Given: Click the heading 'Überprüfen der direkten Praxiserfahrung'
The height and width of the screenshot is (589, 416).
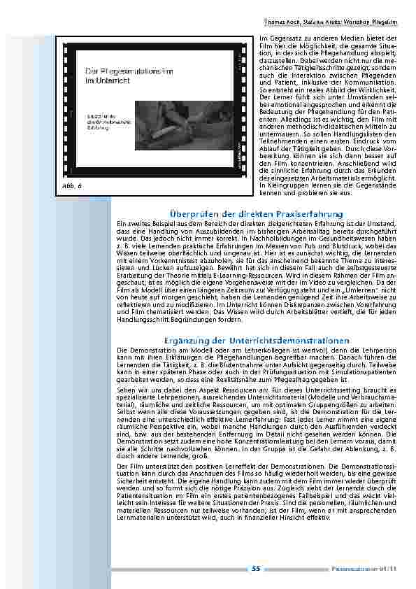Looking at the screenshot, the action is point(257,213).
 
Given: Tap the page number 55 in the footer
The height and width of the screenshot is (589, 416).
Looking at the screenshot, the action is point(256,569).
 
